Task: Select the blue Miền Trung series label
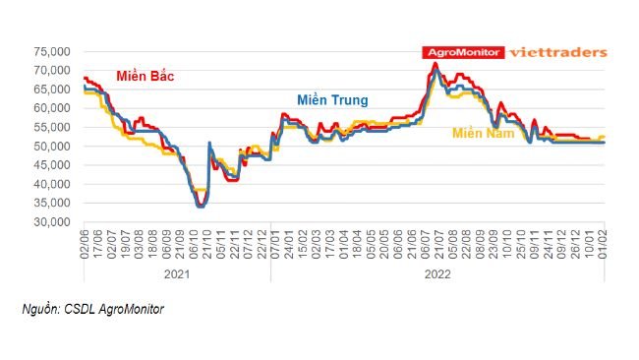pyautogui.click(x=332, y=100)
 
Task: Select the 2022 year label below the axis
pyautogui.click(x=438, y=273)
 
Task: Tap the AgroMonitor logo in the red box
pyautogui.click(x=463, y=53)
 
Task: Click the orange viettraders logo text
pyautogui.click(x=558, y=53)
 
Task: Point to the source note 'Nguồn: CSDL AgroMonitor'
pyautogui.click(x=92, y=309)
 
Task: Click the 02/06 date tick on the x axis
pyautogui.click(x=86, y=242)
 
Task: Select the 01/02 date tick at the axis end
pyautogui.click(x=603, y=242)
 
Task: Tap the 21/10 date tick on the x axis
pyautogui.click(x=208, y=242)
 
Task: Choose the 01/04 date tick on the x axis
pyautogui.click(x=342, y=242)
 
